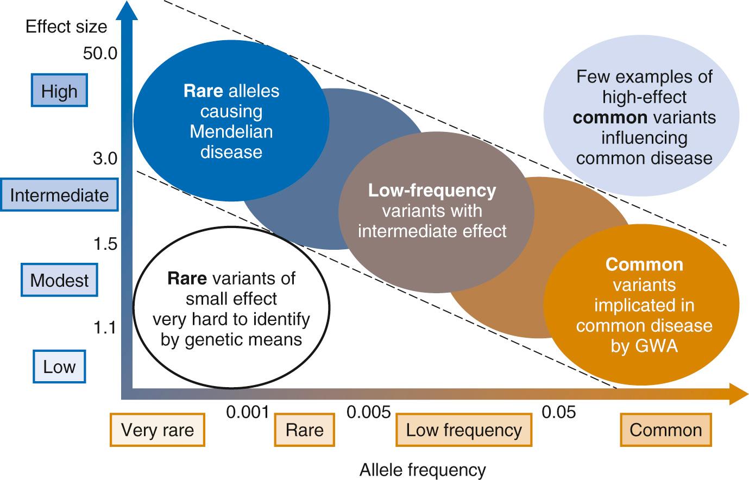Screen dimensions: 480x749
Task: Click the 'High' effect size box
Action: click(59, 91)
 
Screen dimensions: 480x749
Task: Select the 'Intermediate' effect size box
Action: click(59, 195)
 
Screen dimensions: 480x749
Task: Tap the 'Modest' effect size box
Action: click(59, 280)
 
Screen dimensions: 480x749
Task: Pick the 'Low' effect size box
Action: click(59, 367)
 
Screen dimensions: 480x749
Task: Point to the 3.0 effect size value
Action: click(105, 159)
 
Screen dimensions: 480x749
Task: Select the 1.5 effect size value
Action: click(105, 244)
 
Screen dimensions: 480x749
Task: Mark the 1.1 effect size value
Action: click(105, 329)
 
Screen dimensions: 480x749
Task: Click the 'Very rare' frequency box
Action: click(158, 430)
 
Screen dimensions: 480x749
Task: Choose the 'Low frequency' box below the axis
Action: click(464, 430)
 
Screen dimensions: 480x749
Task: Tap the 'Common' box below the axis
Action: click(666, 430)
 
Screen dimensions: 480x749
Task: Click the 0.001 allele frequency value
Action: click(248, 413)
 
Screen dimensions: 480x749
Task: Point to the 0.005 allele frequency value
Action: click(369, 413)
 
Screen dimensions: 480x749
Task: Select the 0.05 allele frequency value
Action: click(559, 413)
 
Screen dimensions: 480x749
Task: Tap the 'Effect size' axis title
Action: click(66, 27)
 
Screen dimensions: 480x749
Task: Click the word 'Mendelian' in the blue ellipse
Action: click(231, 131)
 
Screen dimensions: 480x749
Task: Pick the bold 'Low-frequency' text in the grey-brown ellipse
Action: click(432, 191)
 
